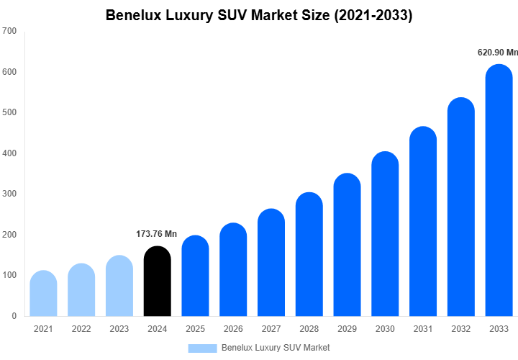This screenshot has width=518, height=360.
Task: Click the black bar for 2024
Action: pyautogui.click(x=158, y=282)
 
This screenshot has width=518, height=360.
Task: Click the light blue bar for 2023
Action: pyautogui.click(x=119, y=287)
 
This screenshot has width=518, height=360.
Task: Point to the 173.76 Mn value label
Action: pyautogui.click(x=157, y=234)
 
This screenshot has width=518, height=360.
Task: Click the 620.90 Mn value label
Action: pyautogui.click(x=498, y=53)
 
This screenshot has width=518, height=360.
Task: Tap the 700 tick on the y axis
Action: pyautogui.click(x=9, y=31)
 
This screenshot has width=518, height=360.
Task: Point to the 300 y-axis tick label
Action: pyautogui.click(x=9, y=194)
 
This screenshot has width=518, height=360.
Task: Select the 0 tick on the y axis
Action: pyautogui.click(x=14, y=316)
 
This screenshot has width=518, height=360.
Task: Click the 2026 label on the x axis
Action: pyautogui.click(x=233, y=329)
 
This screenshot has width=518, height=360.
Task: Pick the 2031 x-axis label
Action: pyautogui.click(x=423, y=329)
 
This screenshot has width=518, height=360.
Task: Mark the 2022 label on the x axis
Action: pyautogui.click(x=81, y=329)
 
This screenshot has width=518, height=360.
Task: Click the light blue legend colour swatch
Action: pyautogui.click(x=202, y=348)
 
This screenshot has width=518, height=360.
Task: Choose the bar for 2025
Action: pyautogui.click(x=195, y=276)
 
